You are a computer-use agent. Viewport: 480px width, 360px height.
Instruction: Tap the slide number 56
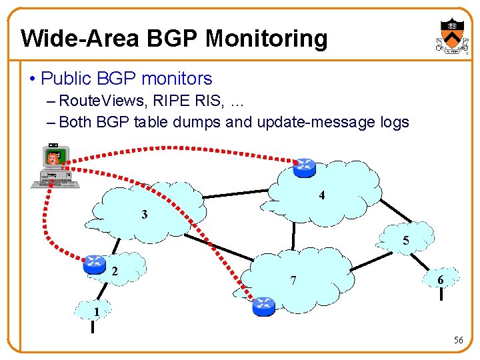coord(458,340)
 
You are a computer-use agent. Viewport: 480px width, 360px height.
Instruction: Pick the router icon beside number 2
coord(95,264)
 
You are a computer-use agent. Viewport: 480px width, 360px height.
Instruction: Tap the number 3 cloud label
coord(145,215)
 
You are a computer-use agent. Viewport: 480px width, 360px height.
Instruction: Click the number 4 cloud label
coord(322,196)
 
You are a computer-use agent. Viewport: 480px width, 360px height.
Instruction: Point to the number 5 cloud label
coord(405,241)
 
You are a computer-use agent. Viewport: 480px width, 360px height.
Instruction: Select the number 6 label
coord(441,281)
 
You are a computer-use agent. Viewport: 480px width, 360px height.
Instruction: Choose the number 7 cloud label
coord(294,279)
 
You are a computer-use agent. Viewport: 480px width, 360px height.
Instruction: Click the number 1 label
coord(97,311)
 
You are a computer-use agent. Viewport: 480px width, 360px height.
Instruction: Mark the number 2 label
coord(115,271)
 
